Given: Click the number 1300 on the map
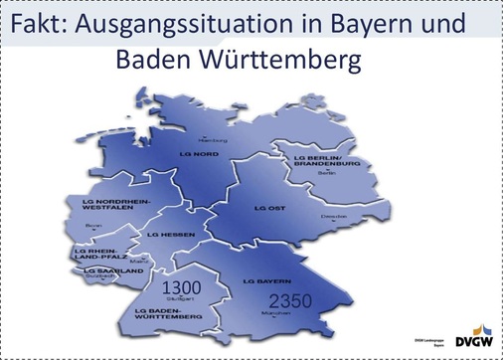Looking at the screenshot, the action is click(182, 286).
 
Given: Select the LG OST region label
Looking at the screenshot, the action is click(270, 209).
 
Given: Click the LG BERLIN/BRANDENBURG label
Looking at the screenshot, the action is click(320, 161).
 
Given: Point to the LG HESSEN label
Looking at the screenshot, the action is click(167, 235).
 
